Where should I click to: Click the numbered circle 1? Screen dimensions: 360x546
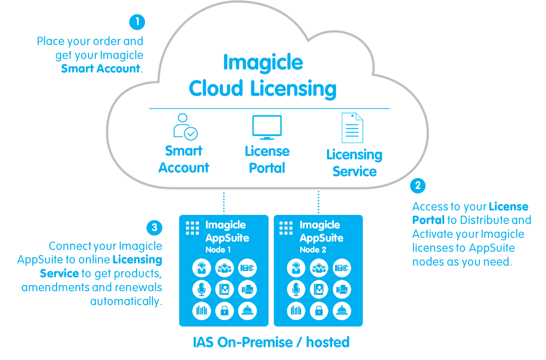[x=137, y=22]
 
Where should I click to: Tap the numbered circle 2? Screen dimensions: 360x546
[x=418, y=185]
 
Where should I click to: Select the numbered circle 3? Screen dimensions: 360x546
[x=154, y=227]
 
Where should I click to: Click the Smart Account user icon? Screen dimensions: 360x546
[x=185, y=127]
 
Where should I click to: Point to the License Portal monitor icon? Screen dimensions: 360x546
[x=267, y=127]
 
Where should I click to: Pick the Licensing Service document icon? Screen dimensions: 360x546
[x=352, y=128]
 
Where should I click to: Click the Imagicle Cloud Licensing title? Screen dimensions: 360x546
[x=262, y=76]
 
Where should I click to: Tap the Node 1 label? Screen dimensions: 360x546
[x=218, y=250]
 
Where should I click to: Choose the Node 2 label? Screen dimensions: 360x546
[x=313, y=250]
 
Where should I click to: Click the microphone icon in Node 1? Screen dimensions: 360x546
[x=202, y=289]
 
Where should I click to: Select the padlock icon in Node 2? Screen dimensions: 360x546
[x=319, y=310]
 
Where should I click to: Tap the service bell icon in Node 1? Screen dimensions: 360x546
[x=247, y=310]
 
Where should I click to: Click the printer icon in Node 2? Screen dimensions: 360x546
[x=342, y=289]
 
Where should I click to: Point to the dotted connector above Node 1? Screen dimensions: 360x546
[x=224, y=203]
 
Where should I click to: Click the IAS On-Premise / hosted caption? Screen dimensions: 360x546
[x=271, y=342]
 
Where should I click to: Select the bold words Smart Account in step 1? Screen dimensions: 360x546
[x=101, y=69]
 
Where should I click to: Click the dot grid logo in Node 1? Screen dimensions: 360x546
[x=193, y=228]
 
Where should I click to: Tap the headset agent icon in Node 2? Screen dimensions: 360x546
[x=296, y=268]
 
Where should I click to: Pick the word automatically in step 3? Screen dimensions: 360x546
[x=126, y=301]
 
